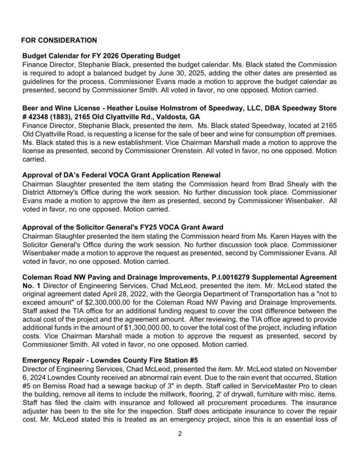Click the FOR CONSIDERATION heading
pyautogui.click(x=59, y=40)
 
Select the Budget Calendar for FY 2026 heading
pyautogui.click(x=101, y=56)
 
